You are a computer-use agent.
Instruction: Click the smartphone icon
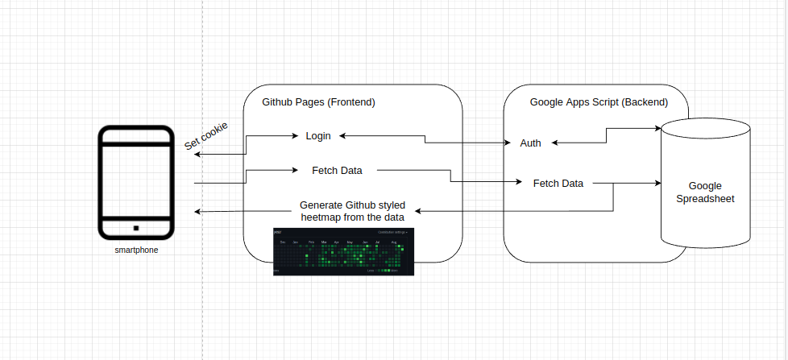(135, 182)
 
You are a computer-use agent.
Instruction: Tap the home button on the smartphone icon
(135, 227)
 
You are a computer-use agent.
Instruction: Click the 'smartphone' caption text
(136, 250)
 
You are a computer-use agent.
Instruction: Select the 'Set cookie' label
(206, 135)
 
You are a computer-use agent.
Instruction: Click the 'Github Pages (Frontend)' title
(318, 103)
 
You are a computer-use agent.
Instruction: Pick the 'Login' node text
(317, 136)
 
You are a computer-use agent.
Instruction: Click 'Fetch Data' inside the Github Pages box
(337, 170)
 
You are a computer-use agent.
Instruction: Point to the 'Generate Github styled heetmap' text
(351, 210)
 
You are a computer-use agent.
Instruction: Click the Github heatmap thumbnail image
(342, 251)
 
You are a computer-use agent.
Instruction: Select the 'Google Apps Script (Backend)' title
(599, 102)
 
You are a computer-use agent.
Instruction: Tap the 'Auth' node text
(530, 143)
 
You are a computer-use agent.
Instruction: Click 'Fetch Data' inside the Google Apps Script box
(558, 183)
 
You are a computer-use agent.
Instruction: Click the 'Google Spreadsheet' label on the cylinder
(705, 192)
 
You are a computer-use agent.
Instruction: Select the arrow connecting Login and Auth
(425, 140)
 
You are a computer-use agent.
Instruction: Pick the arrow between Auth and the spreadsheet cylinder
(606, 137)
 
